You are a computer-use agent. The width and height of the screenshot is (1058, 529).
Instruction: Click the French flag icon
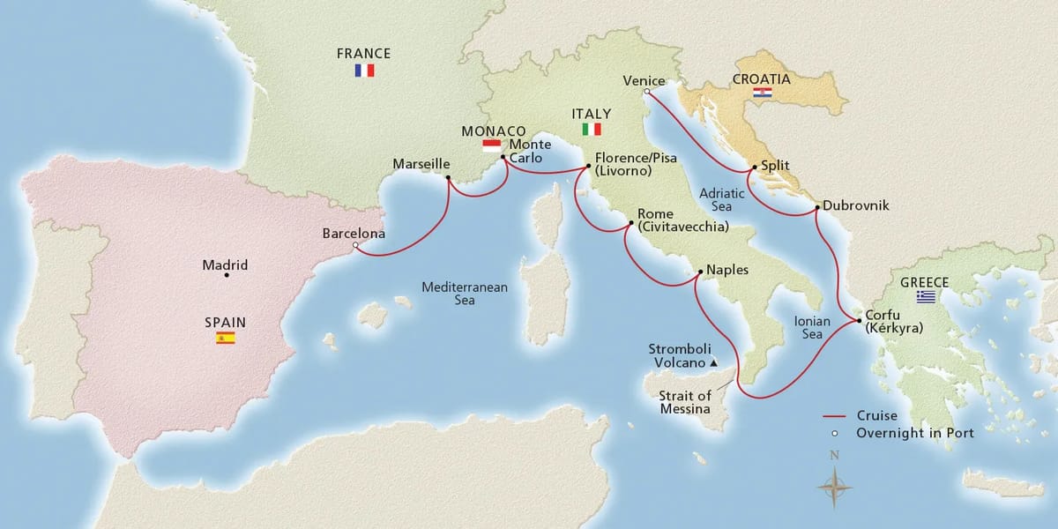[x=364, y=71]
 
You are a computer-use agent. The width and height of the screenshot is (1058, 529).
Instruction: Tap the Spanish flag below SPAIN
[x=226, y=338]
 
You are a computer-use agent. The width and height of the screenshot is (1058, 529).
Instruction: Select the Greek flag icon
[x=925, y=297]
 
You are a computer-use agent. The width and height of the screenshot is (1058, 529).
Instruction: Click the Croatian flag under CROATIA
[x=763, y=92]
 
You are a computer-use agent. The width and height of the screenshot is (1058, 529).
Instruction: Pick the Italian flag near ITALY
[x=591, y=129]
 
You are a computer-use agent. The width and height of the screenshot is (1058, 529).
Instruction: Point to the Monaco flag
[x=491, y=145]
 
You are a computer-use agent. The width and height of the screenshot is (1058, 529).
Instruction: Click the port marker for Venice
[x=647, y=91]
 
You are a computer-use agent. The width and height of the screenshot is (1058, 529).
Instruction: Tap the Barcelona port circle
[x=355, y=247]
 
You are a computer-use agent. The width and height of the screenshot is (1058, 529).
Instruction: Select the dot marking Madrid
[x=227, y=276]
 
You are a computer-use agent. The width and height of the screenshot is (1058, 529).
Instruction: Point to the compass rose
[x=833, y=484]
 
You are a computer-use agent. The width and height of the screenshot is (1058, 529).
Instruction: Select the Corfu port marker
[x=859, y=322]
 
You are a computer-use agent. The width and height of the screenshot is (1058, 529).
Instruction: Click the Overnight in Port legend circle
[x=834, y=433]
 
